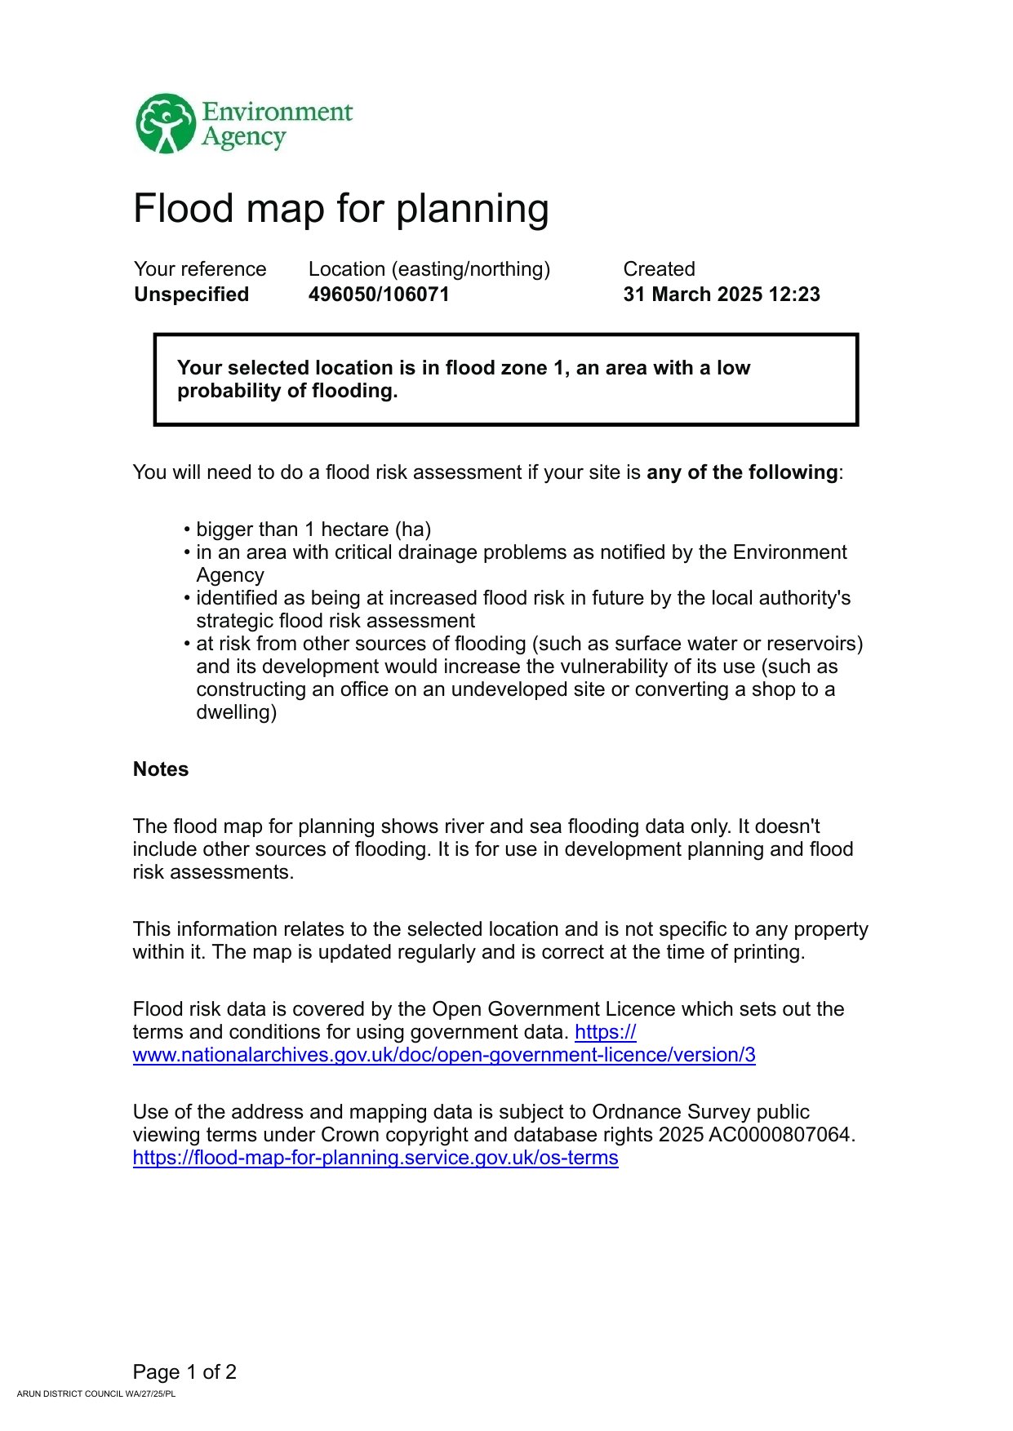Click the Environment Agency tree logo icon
click(166, 124)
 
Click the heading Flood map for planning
click(340, 209)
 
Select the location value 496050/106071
click(379, 295)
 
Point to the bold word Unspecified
click(191, 295)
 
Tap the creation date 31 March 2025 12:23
click(721, 295)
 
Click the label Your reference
click(200, 269)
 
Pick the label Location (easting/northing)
click(429, 269)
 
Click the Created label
click(659, 269)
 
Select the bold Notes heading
click(161, 769)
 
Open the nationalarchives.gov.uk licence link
click(444, 1055)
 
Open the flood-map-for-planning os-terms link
click(375, 1158)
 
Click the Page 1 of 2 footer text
click(184, 1371)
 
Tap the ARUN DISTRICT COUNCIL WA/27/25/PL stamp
click(96, 1393)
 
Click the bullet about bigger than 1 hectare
click(313, 529)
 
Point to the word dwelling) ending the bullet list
click(236, 712)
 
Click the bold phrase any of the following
click(741, 472)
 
